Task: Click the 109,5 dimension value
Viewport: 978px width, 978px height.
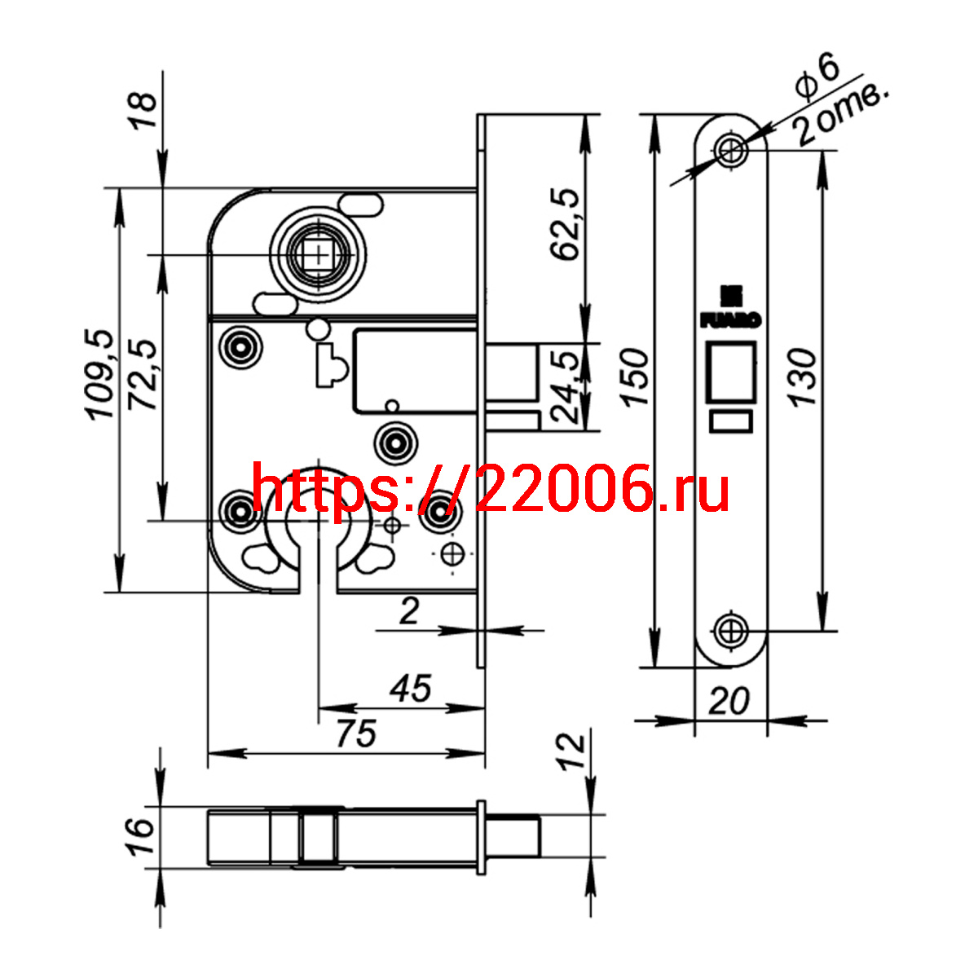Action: [x=100, y=375]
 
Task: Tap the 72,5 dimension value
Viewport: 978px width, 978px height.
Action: [x=142, y=375]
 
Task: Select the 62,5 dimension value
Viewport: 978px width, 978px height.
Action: [x=565, y=224]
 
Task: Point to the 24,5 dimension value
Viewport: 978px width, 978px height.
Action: [x=564, y=387]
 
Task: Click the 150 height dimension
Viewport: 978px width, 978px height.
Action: [x=635, y=377]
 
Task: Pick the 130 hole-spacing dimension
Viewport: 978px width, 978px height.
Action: [x=803, y=377]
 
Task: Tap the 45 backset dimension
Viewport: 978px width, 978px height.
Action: [x=411, y=689]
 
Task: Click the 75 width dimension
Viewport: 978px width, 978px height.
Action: [x=356, y=733]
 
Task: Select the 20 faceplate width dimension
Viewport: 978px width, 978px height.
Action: [x=729, y=701]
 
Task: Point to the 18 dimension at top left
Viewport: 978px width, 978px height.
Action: [x=143, y=110]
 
